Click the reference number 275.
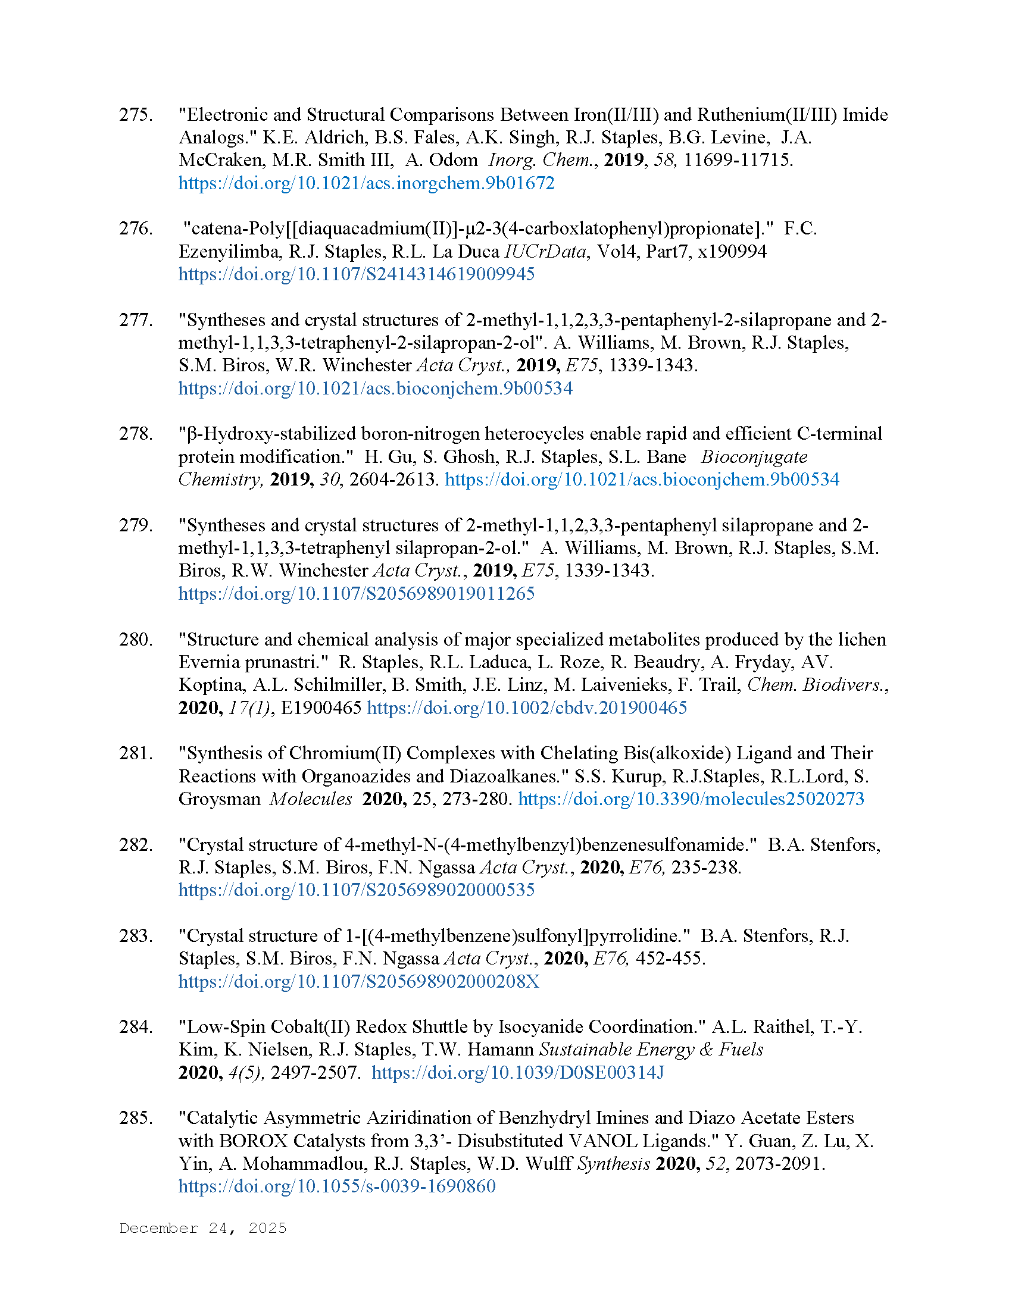click(x=136, y=114)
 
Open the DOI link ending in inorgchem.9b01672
click(x=366, y=183)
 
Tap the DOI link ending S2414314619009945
click(x=356, y=274)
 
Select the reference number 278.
click(x=136, y=433)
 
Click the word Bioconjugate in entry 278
click(x=754, y=457)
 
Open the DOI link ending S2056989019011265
click(x=356, y=593)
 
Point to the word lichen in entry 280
click(x=861, y=639)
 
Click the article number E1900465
click(x=321, y=708)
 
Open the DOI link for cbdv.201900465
click(x=526, y=708)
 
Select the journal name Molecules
click(x=311, y=799)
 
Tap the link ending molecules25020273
click(x=691, y=799)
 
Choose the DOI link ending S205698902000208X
click(x=358, y=981)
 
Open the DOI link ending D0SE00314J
click(x=517, y=1072)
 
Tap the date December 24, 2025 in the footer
click(x=202, y=1228)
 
